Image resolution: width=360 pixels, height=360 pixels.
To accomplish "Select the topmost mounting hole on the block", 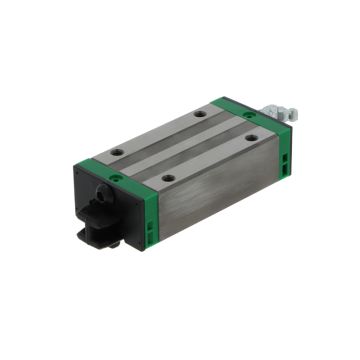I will tap(200, 115).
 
